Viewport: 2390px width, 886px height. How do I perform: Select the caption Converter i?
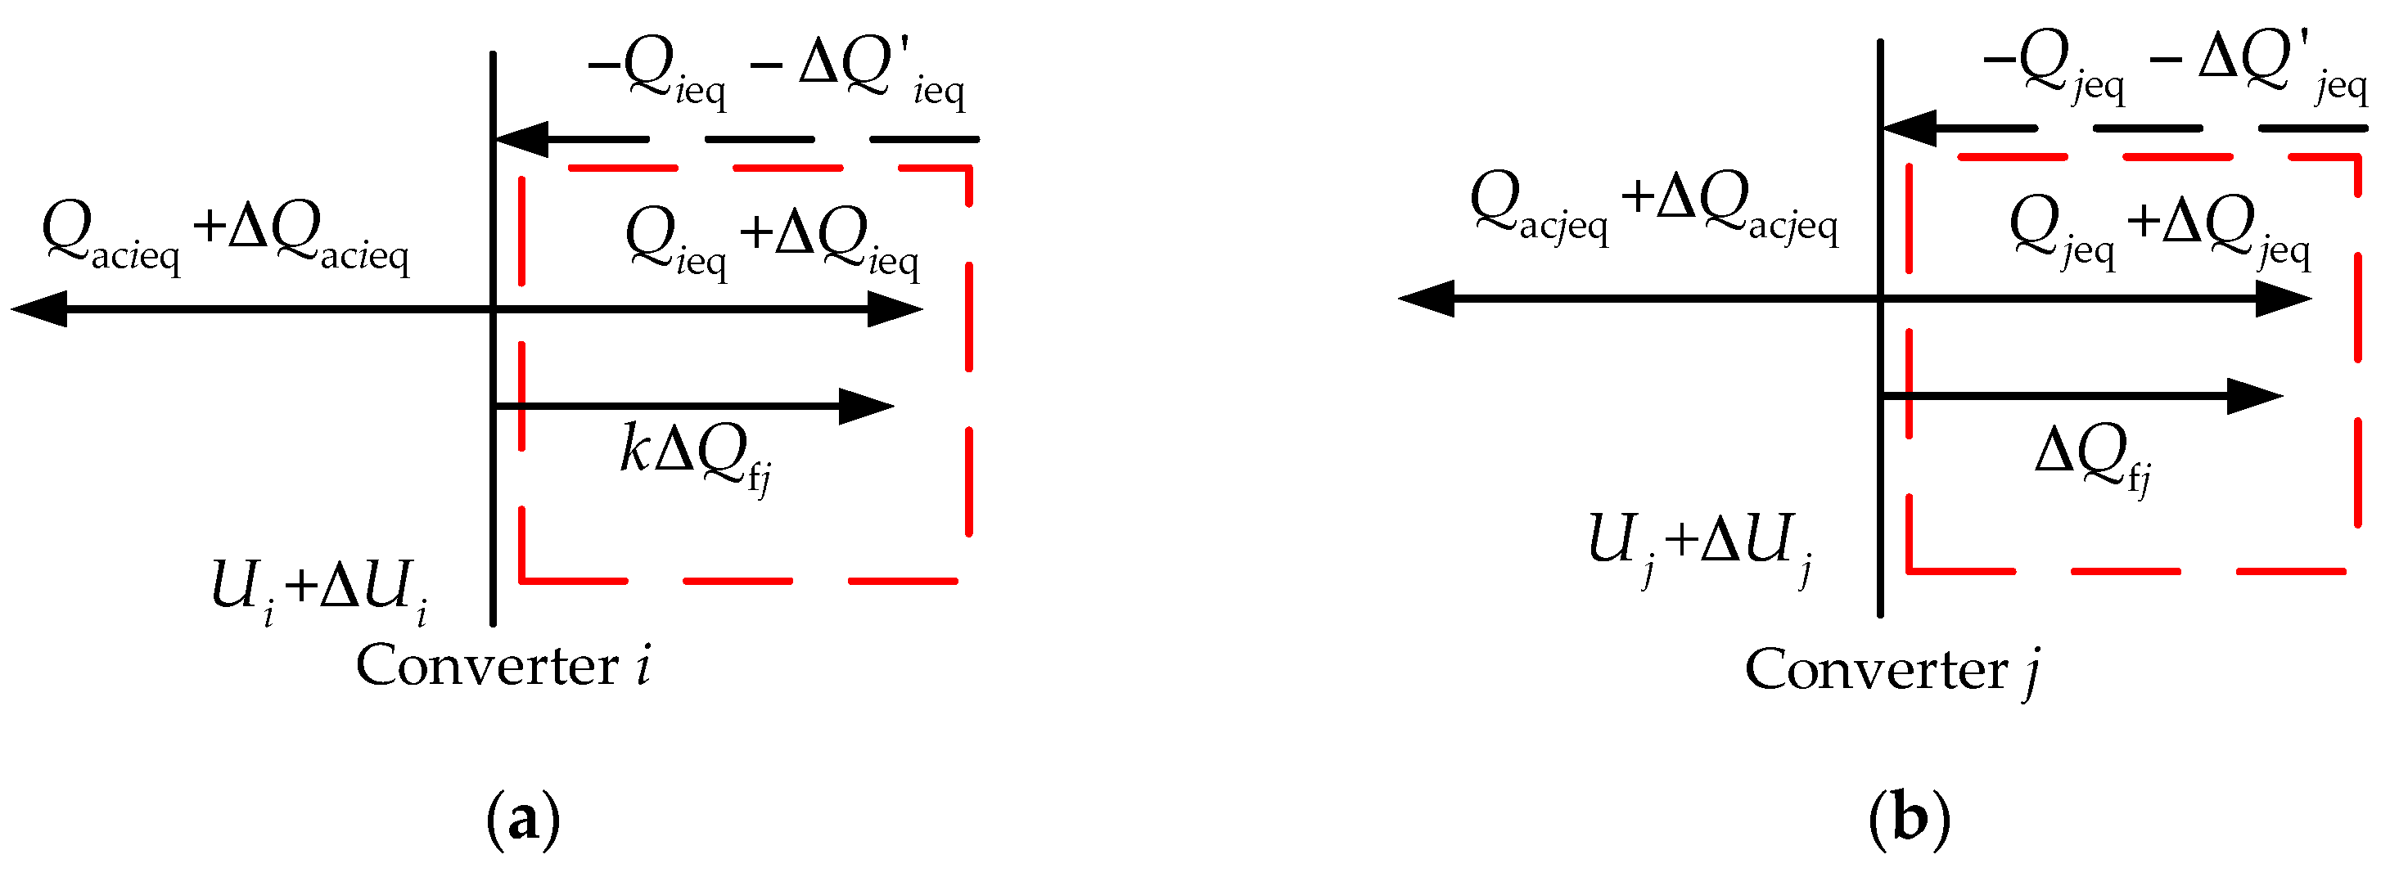coord(503,666)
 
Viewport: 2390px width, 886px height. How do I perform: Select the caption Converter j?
coord(1892,670)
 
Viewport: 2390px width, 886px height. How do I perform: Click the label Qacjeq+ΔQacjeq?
coord(1654,208)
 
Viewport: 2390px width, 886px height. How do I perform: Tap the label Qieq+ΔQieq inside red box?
coord(772,241)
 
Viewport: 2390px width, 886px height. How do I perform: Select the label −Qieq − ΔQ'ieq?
coord(778,74)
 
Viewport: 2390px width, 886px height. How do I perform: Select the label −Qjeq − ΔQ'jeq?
coord(2175,65)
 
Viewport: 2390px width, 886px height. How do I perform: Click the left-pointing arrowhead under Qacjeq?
coord(1425,299)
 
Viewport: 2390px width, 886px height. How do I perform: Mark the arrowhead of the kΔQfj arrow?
coord(867,407)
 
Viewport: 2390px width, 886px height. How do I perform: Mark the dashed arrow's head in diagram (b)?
coord(1908,128)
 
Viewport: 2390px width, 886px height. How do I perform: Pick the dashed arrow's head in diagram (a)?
coord(521,139)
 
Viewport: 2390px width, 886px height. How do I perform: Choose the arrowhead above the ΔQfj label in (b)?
coord(2255,396)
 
